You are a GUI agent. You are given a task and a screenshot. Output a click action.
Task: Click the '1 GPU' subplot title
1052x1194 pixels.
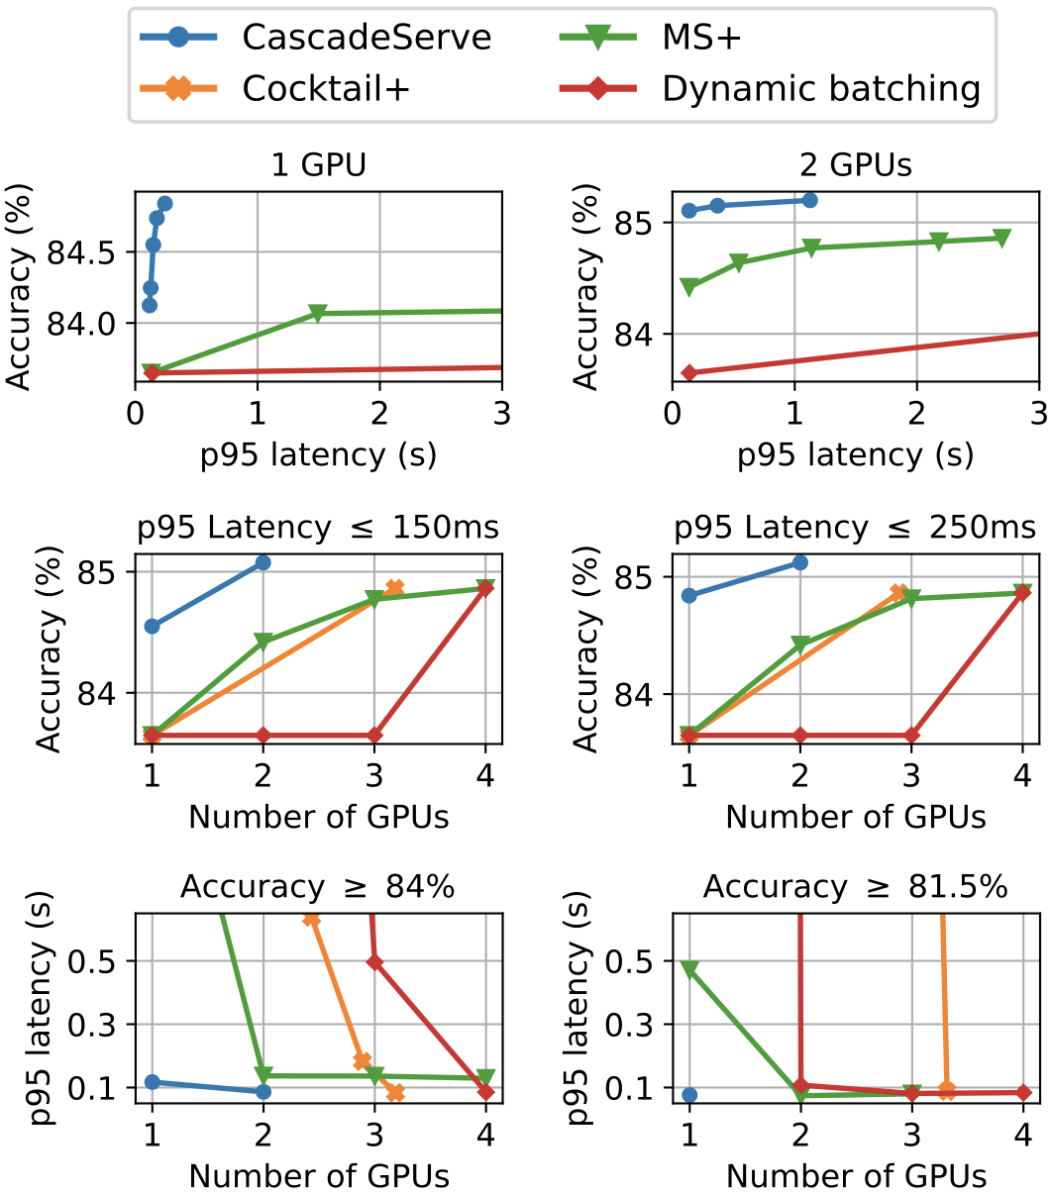point(318,164)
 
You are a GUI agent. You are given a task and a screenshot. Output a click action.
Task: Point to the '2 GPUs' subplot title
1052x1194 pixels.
point(856,164)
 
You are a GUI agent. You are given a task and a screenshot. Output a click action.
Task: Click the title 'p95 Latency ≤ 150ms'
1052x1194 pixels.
point(318,528)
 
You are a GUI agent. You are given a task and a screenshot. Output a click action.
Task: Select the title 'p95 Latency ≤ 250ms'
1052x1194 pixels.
point(856,528)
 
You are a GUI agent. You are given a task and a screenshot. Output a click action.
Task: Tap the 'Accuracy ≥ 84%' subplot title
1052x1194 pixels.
point(318,887)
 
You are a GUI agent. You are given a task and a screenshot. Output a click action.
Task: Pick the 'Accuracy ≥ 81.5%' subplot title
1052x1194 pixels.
point(856,887)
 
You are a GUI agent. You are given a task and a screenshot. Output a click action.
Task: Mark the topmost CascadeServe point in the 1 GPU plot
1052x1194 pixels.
point(164,203)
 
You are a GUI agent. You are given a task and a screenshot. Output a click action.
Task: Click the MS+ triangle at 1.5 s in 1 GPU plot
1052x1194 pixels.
point(318,313)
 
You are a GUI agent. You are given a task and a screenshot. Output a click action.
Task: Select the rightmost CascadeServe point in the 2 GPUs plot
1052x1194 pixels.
point(810,200)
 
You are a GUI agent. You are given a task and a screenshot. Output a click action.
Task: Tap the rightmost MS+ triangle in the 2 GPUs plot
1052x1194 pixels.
point(1001,238)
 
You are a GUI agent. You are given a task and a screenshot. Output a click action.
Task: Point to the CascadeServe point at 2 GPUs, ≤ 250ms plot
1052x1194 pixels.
point(800,562)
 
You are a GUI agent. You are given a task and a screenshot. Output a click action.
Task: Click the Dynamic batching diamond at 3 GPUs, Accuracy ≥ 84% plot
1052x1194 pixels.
point(374,961)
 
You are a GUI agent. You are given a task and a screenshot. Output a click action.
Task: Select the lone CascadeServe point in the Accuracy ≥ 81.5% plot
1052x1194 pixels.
point(689,1095)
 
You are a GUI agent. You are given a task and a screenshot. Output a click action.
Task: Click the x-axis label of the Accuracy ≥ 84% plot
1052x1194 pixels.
point(318,1175)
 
